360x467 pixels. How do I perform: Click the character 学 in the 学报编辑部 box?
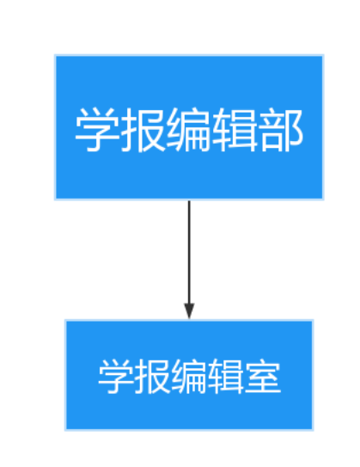(97, 130)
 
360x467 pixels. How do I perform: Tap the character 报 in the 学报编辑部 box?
(143, 130)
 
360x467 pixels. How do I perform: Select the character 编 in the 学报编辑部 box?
(188, 130)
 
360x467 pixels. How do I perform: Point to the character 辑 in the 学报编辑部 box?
(235, 130)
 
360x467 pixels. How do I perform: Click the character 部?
(280, 130)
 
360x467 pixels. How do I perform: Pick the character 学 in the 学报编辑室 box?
(116, 376)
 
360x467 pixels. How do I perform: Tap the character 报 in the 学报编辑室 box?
(153, 376)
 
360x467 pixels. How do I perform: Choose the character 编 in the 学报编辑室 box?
(189, 376)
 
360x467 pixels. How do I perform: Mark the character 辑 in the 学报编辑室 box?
(226, 376)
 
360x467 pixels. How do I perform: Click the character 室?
(263, 376)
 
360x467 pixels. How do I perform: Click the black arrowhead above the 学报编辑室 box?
(189, 311)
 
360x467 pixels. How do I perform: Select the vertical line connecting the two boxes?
(189, 252)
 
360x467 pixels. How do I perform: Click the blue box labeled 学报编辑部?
(189, 127)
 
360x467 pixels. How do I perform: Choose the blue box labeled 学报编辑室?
(189, 375)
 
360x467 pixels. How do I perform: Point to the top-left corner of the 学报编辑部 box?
(55, 55)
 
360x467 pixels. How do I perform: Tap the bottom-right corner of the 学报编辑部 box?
(323, 200)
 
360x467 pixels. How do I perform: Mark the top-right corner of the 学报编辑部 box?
(323, 55)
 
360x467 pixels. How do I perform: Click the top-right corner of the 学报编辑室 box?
(314, 320)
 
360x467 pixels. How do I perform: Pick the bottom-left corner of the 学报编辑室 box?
(65, 430)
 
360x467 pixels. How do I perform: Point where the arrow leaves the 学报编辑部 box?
(189, 200)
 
